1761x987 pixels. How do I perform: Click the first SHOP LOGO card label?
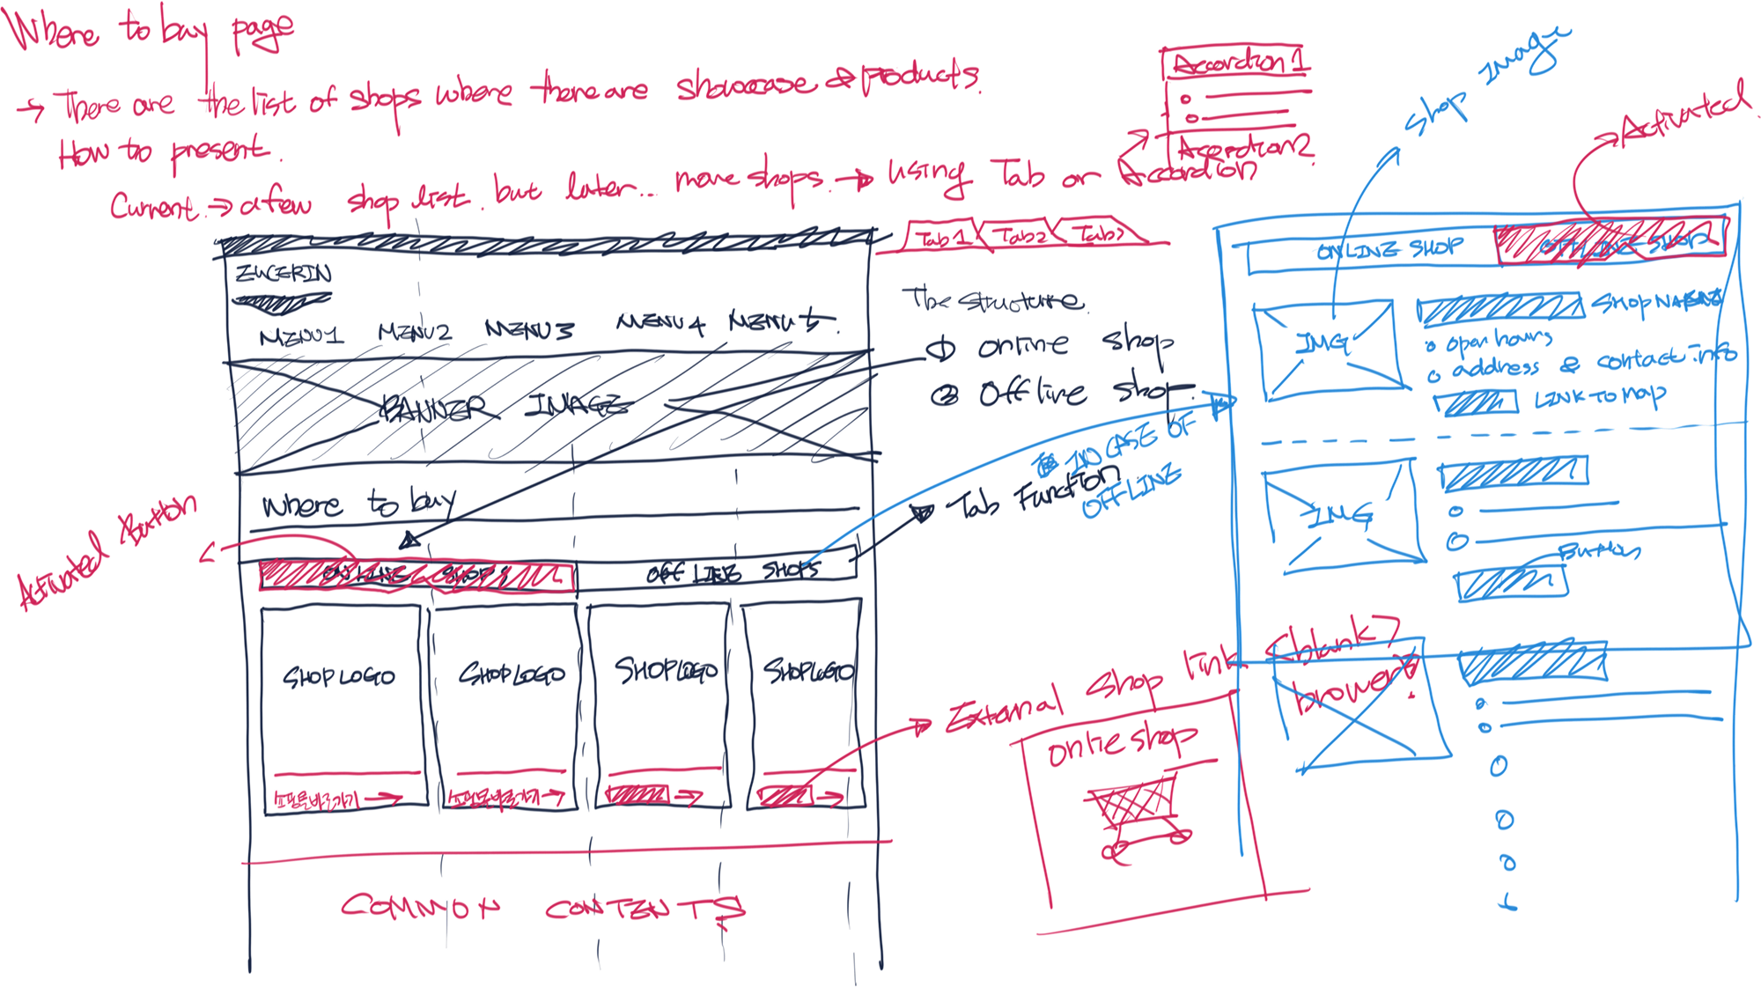(339, 676)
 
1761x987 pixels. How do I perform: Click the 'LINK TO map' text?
(1598, 399)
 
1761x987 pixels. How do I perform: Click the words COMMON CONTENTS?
(542, 907)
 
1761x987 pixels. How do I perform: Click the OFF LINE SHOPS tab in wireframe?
(731, 572)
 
